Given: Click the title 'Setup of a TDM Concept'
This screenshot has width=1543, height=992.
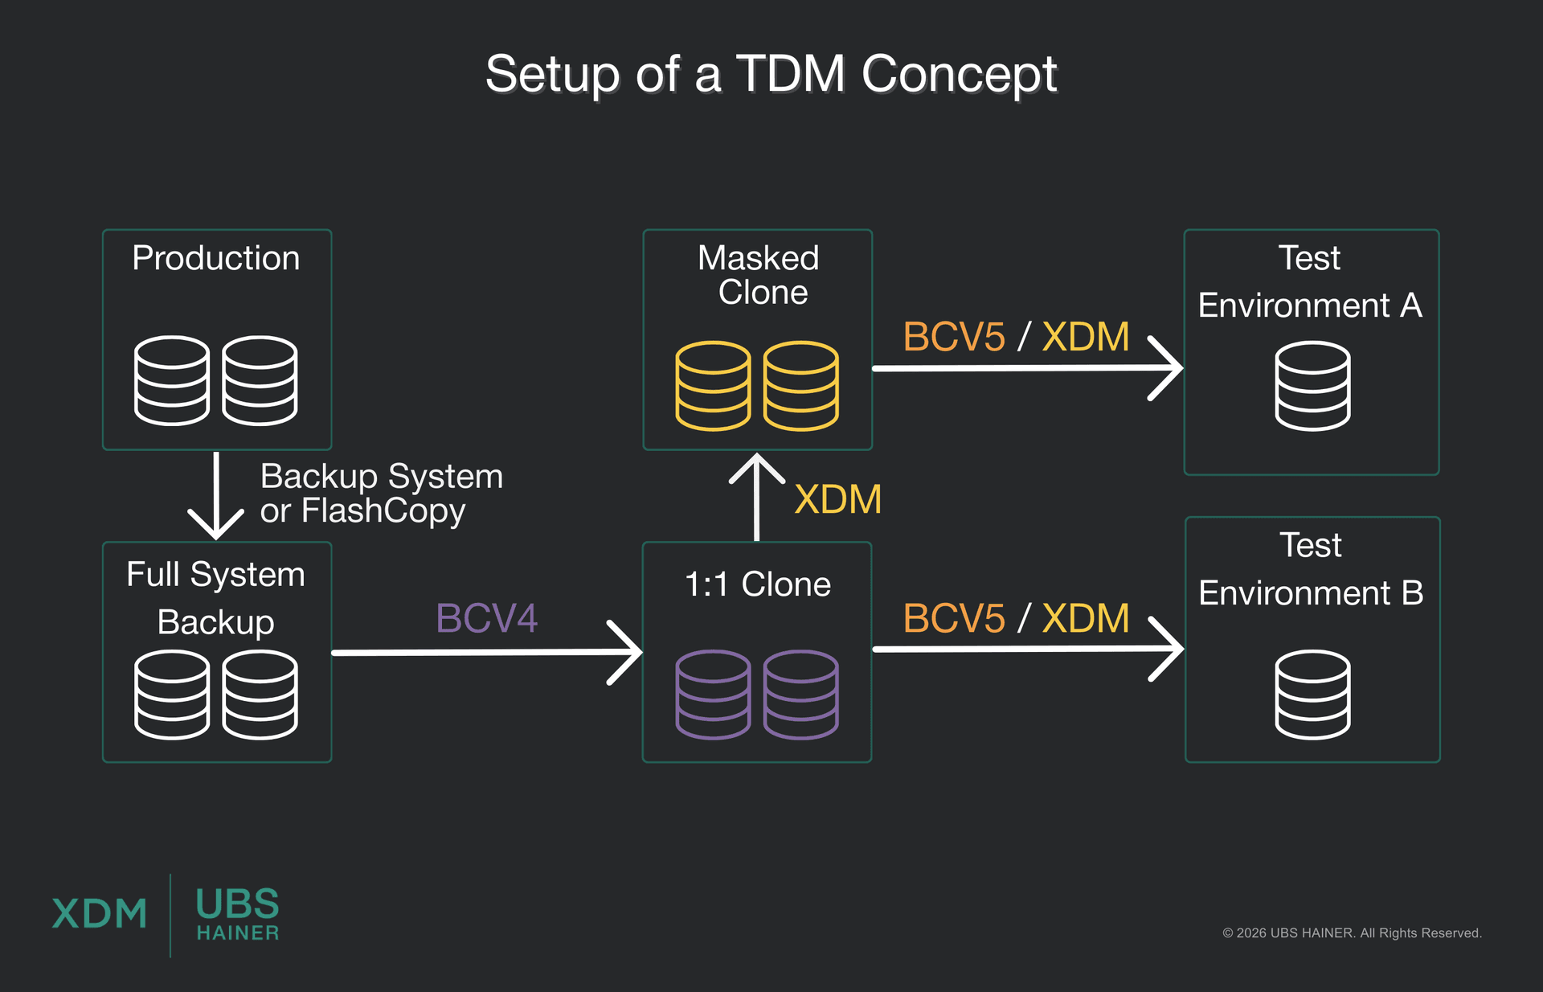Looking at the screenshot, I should [x=771, y=74].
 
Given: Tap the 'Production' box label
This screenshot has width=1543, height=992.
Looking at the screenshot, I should [x=215, y=258].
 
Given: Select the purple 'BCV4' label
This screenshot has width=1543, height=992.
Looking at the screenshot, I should [x=486, y=618].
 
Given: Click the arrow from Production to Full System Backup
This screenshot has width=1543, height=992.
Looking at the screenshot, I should [x=216, y=494].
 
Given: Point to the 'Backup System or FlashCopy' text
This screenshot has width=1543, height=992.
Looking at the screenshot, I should [x=381, y=493].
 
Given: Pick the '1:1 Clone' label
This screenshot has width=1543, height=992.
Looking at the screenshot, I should [x=757, y=584].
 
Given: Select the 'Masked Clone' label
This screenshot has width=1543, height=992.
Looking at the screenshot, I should [x=759, y=275].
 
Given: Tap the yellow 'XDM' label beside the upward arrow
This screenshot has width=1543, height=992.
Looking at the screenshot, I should [x=837, y=499].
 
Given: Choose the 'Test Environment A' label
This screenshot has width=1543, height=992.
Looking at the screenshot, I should [x=1310, y=282].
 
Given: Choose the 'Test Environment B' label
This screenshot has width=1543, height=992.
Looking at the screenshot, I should [x=1311, y=569].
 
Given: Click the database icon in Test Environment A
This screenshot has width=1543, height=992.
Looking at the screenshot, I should [x=1312, y=386].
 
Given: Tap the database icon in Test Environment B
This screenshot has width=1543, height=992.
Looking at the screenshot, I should [x=1312, y=694].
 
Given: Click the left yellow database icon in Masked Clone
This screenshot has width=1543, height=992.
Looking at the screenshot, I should [x=713, y=386].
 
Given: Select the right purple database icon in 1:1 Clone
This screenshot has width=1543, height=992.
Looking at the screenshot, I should [x=800, y=694].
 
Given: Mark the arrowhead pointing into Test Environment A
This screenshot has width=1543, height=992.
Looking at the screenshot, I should [x=1169, y=368].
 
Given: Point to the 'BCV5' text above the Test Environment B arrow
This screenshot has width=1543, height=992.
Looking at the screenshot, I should [x=954, y=618].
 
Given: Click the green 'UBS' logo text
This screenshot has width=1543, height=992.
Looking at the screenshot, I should [x=237, y=904].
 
